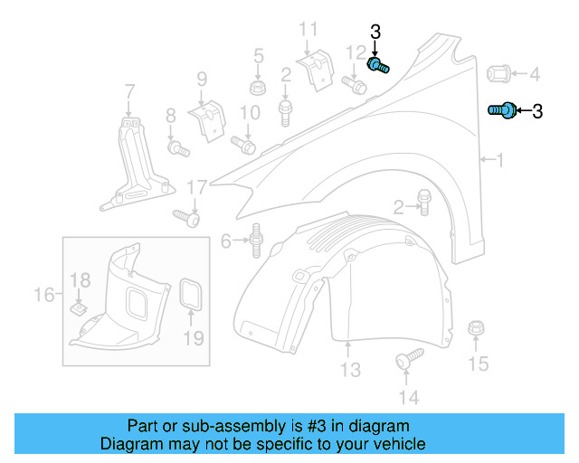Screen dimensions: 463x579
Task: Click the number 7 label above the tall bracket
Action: click(129, 90)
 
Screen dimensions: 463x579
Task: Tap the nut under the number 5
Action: click(258, 89)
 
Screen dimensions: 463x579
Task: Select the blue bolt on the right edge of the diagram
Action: click(503, 109)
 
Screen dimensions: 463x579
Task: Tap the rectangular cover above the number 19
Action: click(192, 294)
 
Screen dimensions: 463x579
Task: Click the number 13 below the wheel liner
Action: click(350, 369)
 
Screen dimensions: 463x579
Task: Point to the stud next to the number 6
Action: click(256, 240)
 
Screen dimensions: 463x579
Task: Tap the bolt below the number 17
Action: click(186, 217)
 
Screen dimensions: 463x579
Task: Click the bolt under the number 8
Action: click(177, 146)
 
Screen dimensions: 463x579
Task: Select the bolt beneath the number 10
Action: click(244, 143)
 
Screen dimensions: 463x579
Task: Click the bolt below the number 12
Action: click(355, 87)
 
